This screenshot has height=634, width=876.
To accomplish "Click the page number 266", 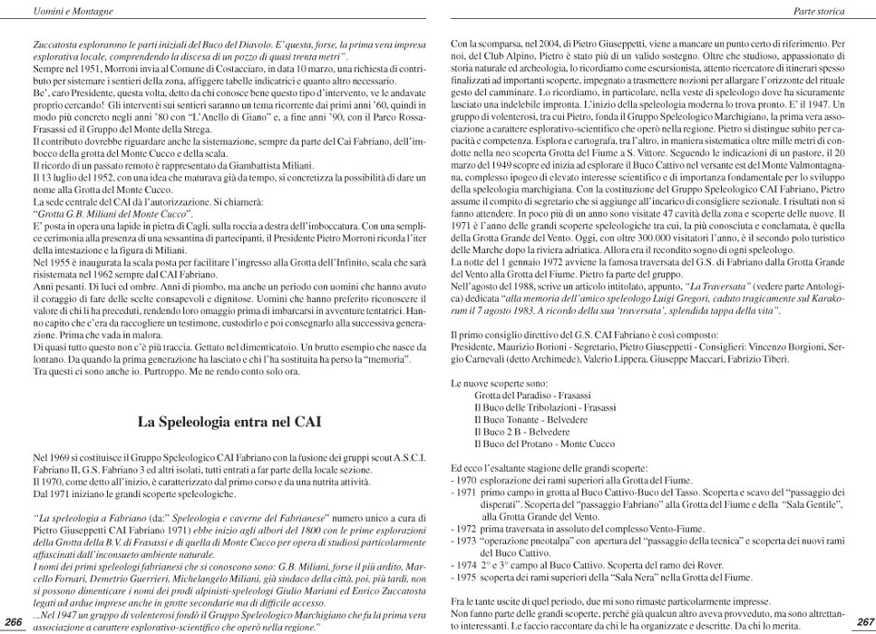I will [14, 620].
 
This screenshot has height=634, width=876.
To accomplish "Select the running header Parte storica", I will [818, 12].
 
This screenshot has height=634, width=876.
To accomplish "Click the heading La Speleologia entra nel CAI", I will [229, 422].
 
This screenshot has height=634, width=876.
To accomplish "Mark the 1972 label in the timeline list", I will [466, 526].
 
